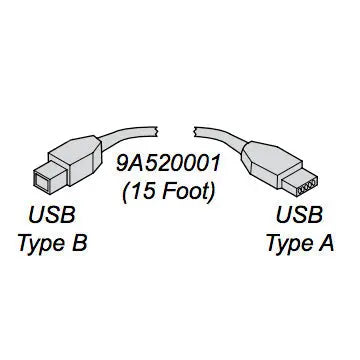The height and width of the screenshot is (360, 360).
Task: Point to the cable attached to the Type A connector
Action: coord(225,136)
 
